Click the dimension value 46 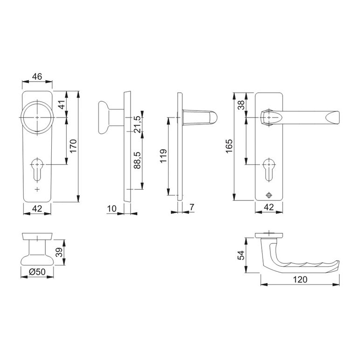click(37, 76)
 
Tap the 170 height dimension click(73, 146)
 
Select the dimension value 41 click(62, 104)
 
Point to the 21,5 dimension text click(137, 124)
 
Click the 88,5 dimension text click(137, 160)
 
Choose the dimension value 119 click(163, 156)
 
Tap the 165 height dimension click(229, 146)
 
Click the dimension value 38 click(241, 105)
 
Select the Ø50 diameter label click(37, 272)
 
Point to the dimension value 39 click(59, 252)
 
